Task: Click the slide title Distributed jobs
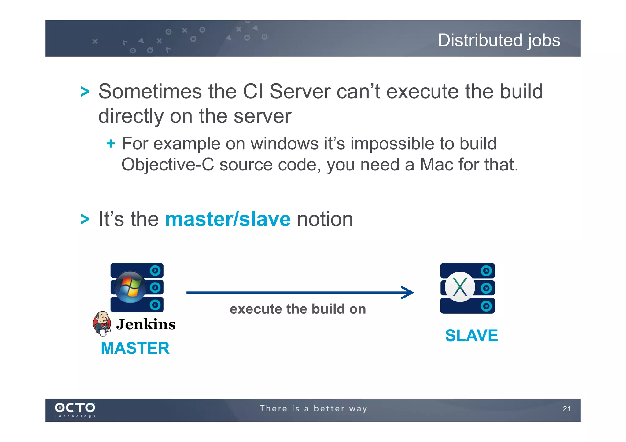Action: click(499, 40)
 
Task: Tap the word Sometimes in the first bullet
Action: click(150, 91)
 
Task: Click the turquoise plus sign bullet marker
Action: click(111, 143)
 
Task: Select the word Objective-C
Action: click(168, 165)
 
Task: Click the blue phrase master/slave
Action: click(228, 219)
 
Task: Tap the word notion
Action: click(325, 219)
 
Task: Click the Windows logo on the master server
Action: click(130, 287)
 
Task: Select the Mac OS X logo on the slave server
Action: click(460, 287)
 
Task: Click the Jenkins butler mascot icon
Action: click(101, 323)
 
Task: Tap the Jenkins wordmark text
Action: click(146, 324)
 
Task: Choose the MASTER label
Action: click(135, 348)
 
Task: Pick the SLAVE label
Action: click(471, 336)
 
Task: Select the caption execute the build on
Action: click(298, 309)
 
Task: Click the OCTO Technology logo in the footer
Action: click(75, 409)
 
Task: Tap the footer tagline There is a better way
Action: click(313, 409)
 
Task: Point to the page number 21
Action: click(566, 409)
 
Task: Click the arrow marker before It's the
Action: click(85, 219)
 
